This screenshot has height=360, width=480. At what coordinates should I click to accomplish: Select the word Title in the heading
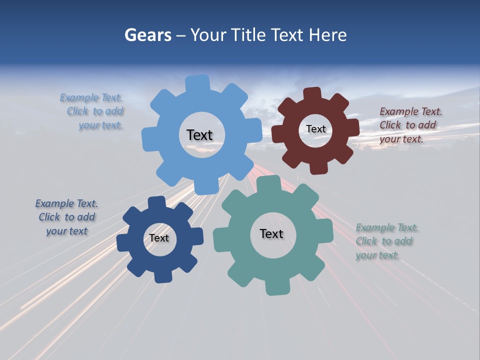248,35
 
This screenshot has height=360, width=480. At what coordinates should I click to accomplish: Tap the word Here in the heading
327,35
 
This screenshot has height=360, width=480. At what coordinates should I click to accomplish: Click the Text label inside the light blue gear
199,135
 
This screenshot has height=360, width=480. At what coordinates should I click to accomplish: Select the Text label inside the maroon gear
315,129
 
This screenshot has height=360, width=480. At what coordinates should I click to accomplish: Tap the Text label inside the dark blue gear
159,238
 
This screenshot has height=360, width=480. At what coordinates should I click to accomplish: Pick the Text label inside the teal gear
271,233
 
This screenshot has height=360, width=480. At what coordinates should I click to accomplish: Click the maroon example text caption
410,125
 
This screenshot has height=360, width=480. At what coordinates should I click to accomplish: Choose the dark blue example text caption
67,217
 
